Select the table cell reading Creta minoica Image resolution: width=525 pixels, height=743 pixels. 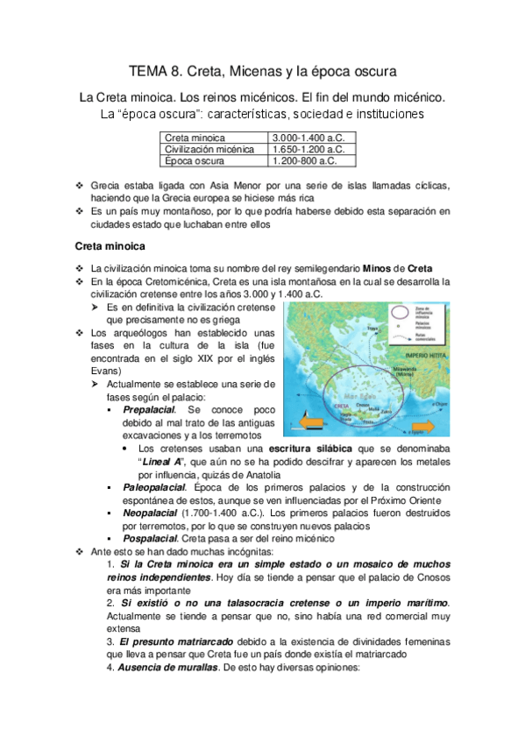[195, 138]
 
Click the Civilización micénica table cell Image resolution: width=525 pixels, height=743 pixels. [209, 150]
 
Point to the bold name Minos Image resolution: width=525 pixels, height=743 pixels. [377, 267]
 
